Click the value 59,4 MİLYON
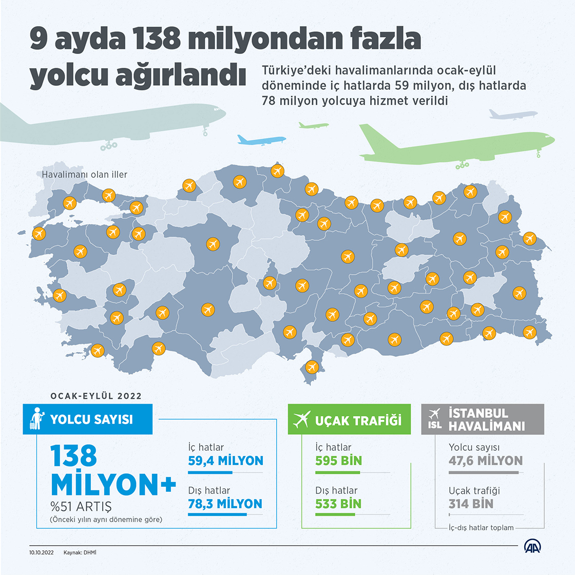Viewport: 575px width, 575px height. click(225, 461)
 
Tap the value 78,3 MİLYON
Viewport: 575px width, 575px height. click(225, 504)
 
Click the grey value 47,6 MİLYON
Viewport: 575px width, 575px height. click(485, 461)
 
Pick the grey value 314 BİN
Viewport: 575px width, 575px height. click(471, 504)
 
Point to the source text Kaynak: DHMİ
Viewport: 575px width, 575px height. click(80, 553)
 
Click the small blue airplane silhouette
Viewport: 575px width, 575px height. click(260, 140)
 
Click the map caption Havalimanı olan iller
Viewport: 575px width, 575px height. click(85, 175)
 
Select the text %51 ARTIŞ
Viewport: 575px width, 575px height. click(81, 507)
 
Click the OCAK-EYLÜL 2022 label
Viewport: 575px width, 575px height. click(96, 396)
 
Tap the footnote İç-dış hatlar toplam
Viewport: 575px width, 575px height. click(481, 528)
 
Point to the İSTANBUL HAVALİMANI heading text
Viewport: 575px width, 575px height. click(486, 420)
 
